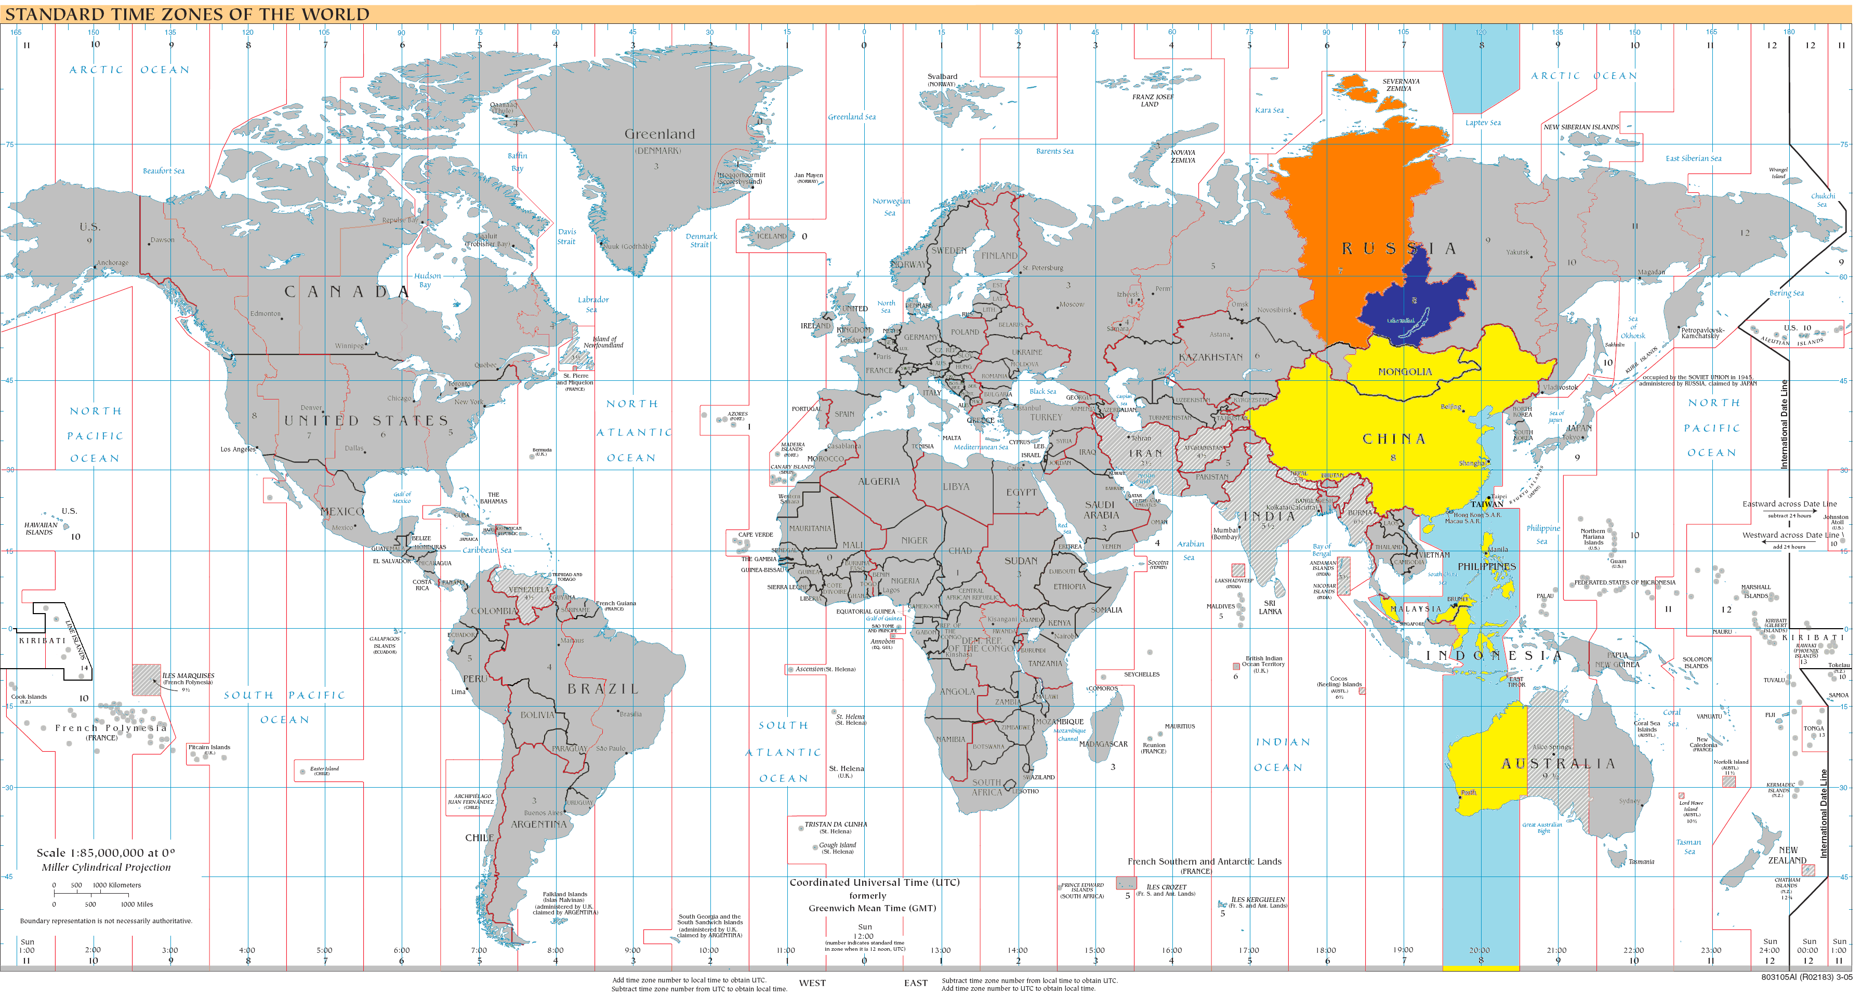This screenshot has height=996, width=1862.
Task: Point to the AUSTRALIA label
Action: pos(1557,764)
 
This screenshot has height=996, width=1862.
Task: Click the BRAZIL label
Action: pos(603,689)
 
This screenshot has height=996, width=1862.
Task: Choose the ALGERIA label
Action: pos(878,482)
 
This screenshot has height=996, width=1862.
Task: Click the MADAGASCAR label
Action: pos(1103,743)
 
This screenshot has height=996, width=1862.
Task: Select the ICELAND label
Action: pos(771,236)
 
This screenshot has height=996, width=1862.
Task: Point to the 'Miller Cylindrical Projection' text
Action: pos(106,867)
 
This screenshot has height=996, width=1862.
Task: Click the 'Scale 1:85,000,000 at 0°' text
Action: pos(105,853)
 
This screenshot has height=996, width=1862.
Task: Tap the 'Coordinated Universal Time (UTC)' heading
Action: pos(874,883)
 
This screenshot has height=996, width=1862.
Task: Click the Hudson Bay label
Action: pos(427,280)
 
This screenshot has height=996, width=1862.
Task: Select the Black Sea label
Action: pos(1042,391)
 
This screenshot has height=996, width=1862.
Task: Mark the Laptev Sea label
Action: pos(1483,123)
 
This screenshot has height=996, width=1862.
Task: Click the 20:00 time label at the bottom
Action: pos(1479,950)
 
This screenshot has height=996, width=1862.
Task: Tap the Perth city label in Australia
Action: pos(1468,792)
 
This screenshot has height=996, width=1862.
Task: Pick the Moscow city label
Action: pos(1071,304)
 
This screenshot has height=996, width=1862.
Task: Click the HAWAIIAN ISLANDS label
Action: pos(40,528)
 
